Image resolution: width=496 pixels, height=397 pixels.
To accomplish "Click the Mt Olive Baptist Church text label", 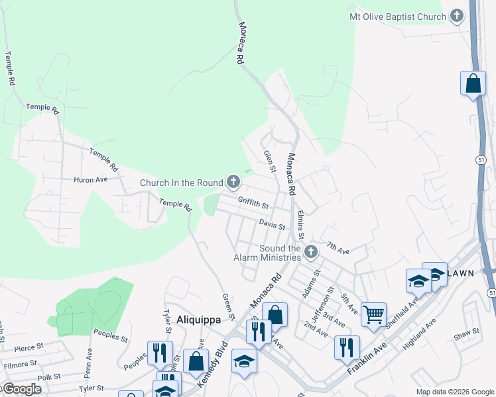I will coord(398,15).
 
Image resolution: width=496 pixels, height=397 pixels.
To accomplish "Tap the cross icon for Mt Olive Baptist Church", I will coord(457,15).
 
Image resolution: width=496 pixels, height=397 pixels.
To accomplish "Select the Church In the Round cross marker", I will coord(233,181).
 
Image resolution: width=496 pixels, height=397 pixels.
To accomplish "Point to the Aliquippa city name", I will coord(198,319).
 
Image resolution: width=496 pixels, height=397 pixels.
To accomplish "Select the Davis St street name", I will coord(272,226).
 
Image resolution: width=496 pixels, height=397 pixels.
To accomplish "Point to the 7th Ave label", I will coord(338,249).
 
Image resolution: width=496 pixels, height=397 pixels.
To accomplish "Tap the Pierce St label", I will coord(29,346).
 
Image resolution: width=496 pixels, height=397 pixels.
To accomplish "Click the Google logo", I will coord(21,389).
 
